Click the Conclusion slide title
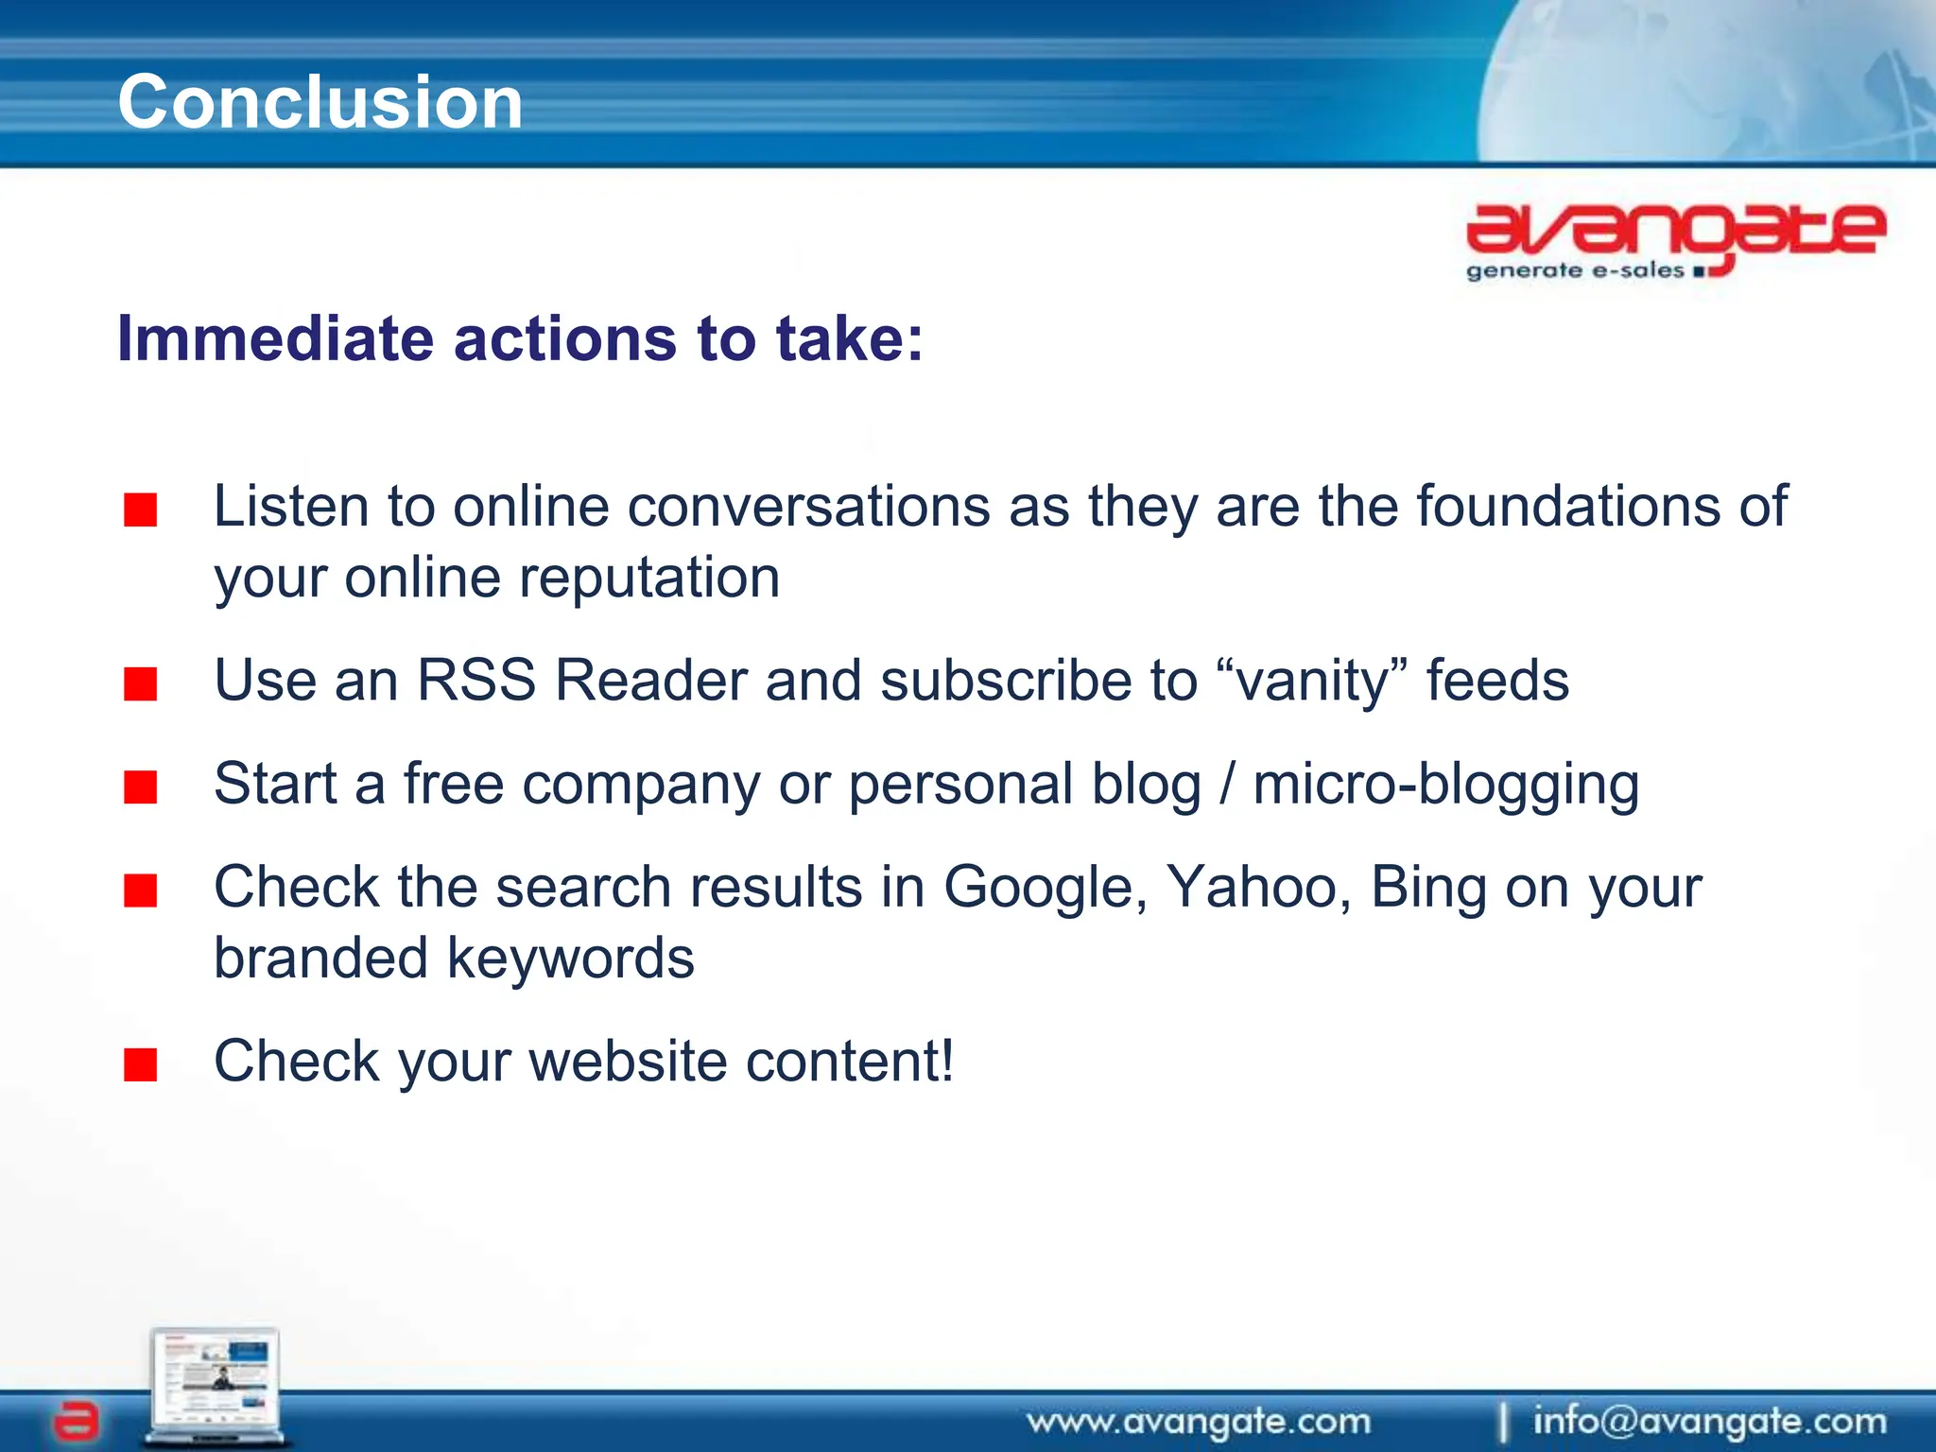[x=320, y=102]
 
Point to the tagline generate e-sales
[x=1575, y=271]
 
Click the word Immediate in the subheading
[x=275, y=338]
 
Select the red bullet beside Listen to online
[x=140, y=510]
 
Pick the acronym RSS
[x=476, y=680]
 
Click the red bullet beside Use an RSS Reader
[x=140, y=683]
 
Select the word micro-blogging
[x=1445, y=786]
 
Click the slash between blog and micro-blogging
[x=1227, y=786]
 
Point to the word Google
[x=1045, y=889]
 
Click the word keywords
[x=570, y=959]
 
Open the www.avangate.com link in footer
[x=1199, y=1421]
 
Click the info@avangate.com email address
[x=1709, y=1421]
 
